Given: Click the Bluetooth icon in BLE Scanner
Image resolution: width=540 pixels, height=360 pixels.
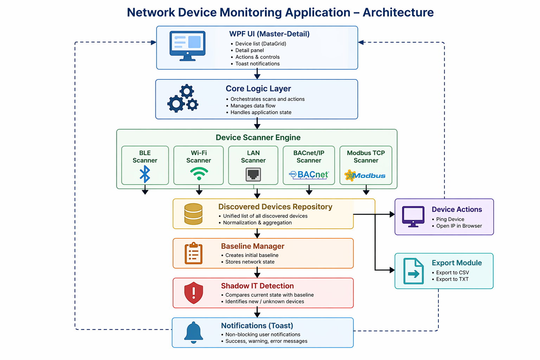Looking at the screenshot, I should click(145, 174).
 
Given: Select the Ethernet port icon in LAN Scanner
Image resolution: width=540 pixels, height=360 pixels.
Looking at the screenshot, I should click(253, 174).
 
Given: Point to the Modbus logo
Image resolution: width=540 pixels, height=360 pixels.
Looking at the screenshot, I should click(365, 175).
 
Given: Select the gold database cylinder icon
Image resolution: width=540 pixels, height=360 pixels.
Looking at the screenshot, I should click(193, 214).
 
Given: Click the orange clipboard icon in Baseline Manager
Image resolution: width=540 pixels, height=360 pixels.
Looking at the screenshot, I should click(193, 253).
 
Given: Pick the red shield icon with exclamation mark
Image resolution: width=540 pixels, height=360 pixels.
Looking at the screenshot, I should click(194, 292).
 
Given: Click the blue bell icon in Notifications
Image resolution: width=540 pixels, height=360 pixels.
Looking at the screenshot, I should click(194, 332).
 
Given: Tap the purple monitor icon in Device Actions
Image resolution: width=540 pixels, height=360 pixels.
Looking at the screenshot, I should click(413, 217).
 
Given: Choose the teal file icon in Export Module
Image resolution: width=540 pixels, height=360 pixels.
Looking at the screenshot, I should click(413, 271).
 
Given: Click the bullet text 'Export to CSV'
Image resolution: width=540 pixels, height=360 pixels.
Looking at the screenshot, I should click(452, 272).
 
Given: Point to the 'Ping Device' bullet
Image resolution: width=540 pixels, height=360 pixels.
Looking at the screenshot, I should click(450, 219).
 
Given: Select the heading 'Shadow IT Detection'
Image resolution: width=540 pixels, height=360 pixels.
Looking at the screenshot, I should click(257, 286).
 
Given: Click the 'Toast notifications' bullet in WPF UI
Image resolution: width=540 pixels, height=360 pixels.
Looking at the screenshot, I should click(257, 64).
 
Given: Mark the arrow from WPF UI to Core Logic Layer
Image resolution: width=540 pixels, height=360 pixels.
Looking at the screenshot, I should click(257, 74).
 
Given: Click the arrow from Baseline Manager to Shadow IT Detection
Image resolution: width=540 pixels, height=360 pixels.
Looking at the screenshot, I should click(257, 273).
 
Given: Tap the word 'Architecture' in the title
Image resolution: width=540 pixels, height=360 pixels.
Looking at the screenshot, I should click(398, 12).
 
